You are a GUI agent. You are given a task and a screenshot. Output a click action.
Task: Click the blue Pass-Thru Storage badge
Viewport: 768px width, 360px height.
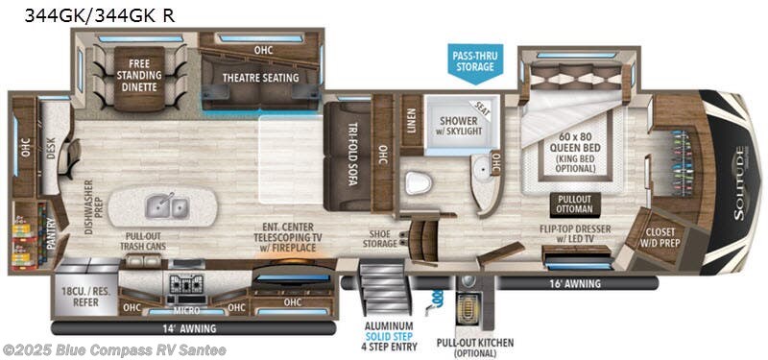[474, 61]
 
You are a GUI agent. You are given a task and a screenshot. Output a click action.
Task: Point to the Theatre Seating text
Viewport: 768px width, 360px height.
[261, 78]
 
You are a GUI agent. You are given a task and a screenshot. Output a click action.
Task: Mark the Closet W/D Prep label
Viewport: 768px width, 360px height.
[661, 236]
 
